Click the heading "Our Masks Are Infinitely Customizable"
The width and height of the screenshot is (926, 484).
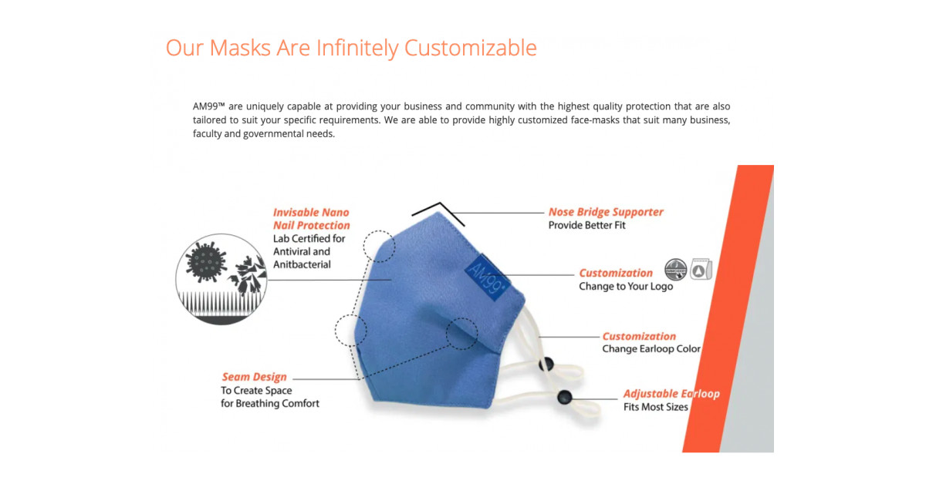point(351,48)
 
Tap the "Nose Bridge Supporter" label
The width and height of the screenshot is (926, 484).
point(606,212)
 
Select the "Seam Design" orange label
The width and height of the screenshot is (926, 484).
point(254,377)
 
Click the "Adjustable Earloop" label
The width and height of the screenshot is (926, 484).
point(671,394)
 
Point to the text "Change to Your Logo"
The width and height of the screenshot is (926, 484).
point(626,287)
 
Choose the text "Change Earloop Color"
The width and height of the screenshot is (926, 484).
point(651,349)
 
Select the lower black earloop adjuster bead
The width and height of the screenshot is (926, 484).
point(565,398)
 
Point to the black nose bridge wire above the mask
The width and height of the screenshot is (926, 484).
point(438,212)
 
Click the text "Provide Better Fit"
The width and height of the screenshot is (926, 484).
point(586,226)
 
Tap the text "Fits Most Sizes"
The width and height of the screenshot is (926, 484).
point(655,407)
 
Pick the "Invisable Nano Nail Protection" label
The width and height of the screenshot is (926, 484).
point(311,219)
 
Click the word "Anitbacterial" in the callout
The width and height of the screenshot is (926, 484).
point(302,264)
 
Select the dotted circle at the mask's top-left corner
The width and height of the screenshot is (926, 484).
point(379,245)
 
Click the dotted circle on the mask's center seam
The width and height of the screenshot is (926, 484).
point(461,332)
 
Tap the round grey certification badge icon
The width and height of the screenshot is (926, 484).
point(676,270)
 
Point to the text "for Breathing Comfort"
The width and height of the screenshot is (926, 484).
point(269,404)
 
